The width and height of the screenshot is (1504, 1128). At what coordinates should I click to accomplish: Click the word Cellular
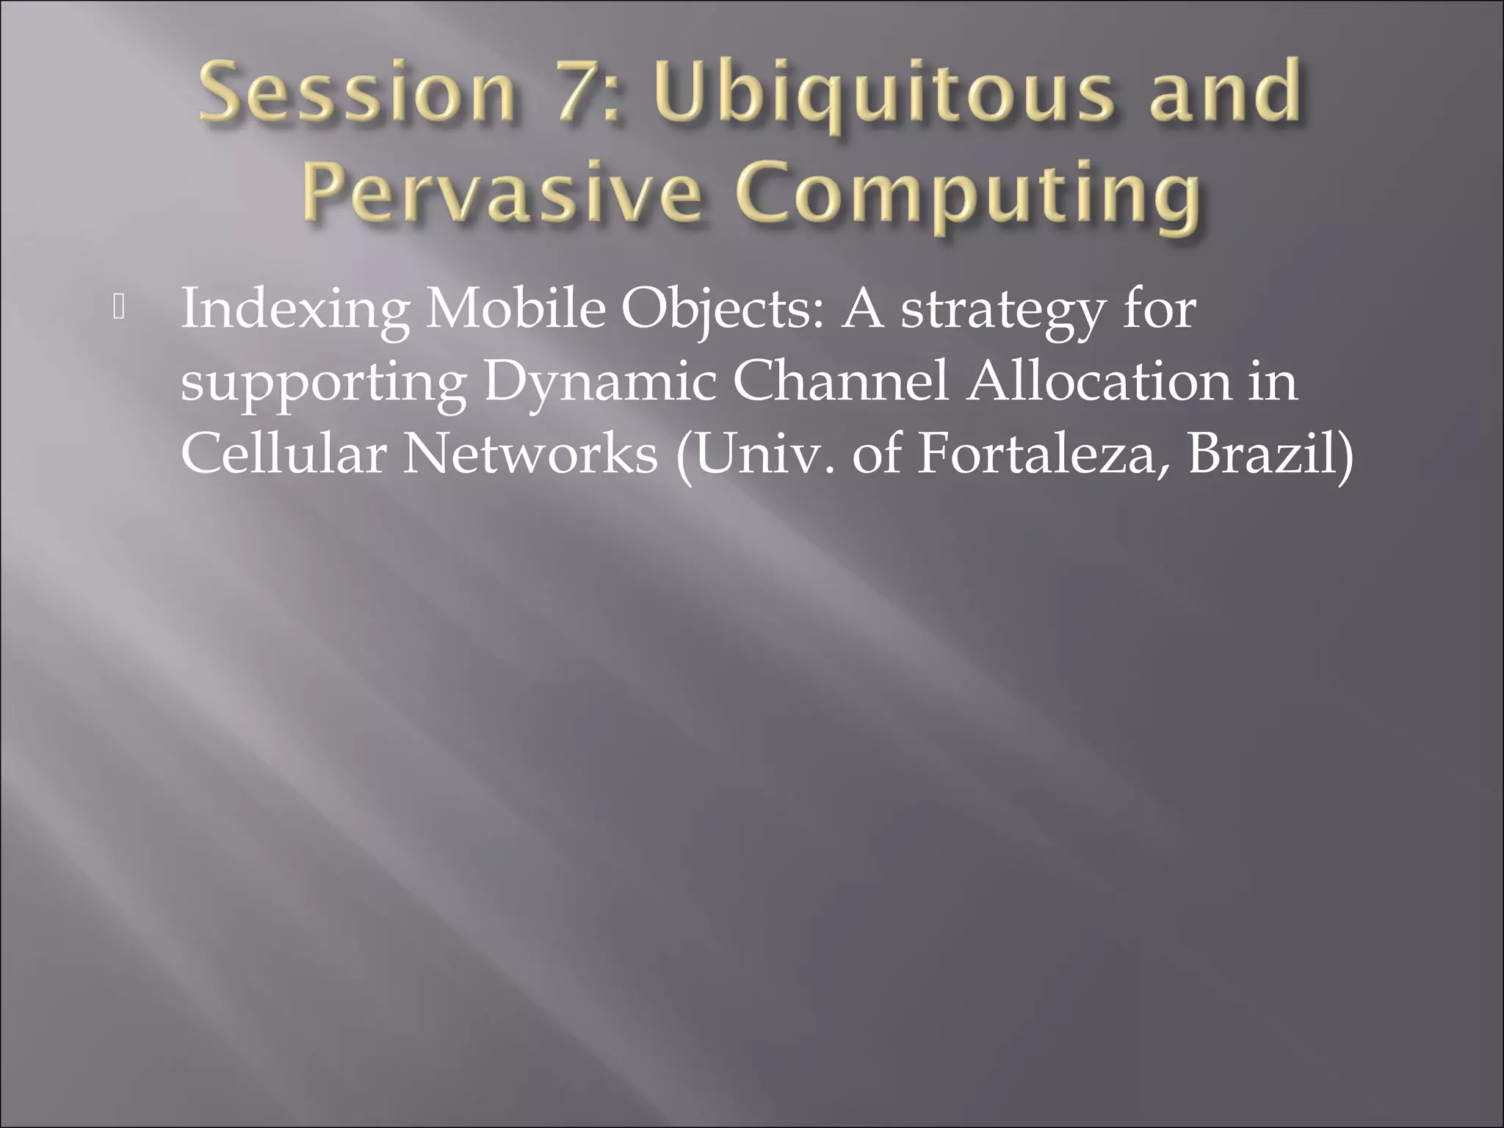pos(283,453)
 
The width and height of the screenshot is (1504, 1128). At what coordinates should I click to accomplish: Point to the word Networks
pos(529,453)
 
